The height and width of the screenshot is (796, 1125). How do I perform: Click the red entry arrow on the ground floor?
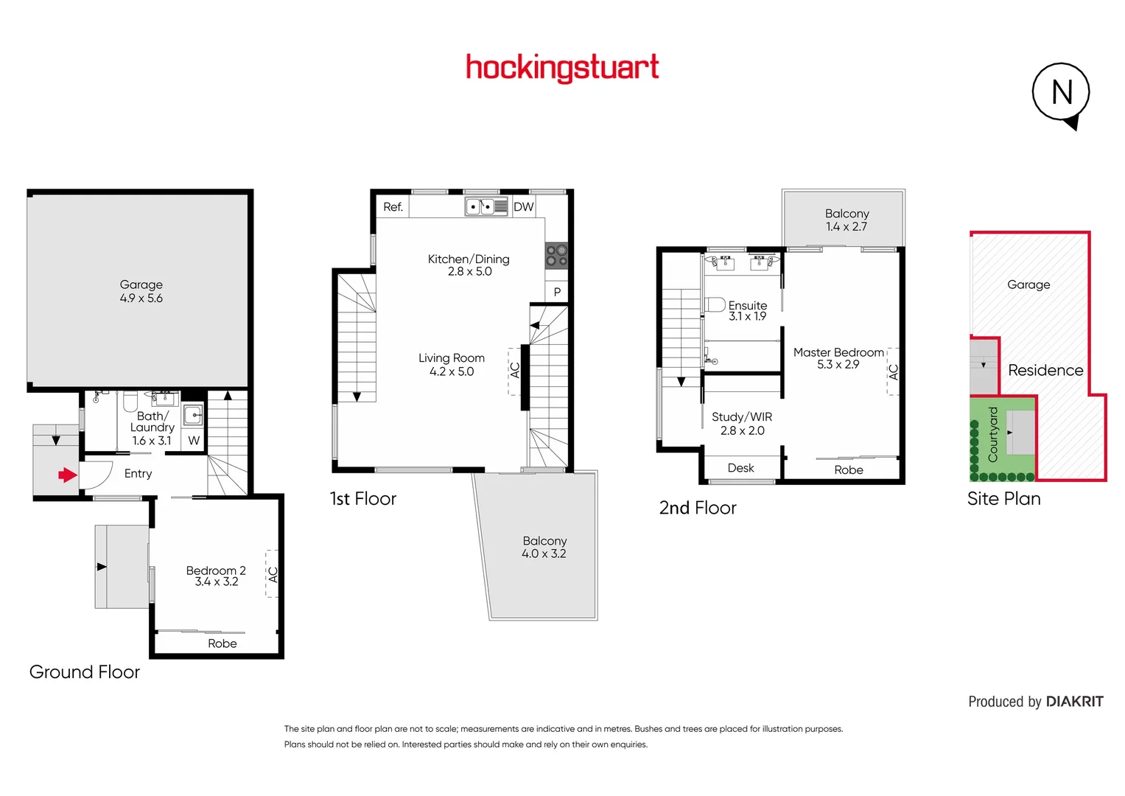(x=68, y=475)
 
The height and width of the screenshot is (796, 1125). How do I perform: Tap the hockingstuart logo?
(x=562, y=68)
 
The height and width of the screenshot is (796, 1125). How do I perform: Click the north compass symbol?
(x=1061, y=94)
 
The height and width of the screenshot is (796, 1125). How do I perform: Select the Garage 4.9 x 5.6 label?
(x=141, y=291)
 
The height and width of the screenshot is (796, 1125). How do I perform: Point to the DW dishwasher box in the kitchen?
(x=524, y=207)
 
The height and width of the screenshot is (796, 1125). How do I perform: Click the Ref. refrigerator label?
(x=393, y=207)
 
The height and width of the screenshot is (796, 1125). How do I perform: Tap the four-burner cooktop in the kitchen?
(x=556, y=256)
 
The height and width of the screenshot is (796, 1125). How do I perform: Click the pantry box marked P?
(x=557, y=292)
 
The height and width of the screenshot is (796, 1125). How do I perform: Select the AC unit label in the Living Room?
(x=515, y=370)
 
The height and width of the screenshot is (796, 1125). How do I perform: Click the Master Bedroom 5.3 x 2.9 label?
(x=838, y=358)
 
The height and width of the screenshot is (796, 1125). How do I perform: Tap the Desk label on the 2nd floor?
(x=740, y=468)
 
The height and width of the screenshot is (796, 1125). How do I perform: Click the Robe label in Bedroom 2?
(x=222, y=643)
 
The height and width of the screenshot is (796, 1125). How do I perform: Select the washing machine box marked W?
(x=194, y=441)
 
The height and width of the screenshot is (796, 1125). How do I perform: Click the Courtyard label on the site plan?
(x=992, y=435)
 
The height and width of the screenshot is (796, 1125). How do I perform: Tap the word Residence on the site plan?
(x=1045, y=370)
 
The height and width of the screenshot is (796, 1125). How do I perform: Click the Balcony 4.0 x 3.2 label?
(x=544, y=547)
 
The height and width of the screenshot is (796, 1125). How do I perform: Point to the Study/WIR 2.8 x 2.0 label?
(x=742, y=424)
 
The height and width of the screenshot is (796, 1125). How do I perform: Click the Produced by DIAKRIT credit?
(x=1035, y=702)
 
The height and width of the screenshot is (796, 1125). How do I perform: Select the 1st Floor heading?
(x=363, y=499)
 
